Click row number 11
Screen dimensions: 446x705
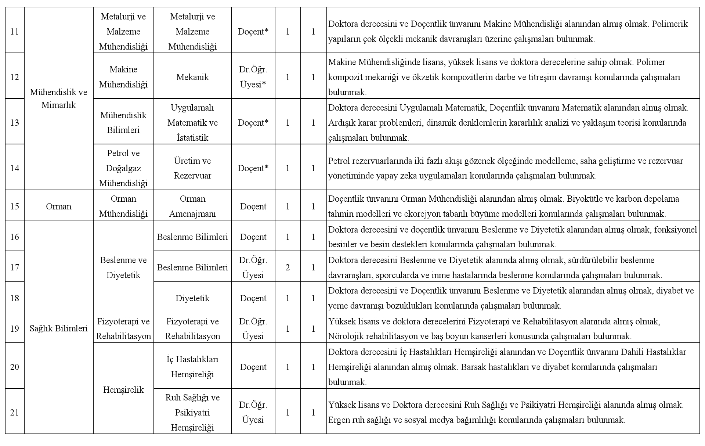point(14,32)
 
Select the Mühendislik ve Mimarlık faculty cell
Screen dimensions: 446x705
point(58,98)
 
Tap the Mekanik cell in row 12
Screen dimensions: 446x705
point(192,77)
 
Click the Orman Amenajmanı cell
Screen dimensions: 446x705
point(192,206)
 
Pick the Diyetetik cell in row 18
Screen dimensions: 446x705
point(192,298)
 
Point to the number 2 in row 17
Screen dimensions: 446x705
point(288,267)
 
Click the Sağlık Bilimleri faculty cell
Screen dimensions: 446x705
point(58,328)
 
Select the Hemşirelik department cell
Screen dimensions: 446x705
point(123,390)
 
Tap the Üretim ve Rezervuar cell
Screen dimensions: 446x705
point(192,168)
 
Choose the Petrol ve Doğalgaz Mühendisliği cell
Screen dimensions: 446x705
point(123,168)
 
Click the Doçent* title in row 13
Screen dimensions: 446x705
point(253,123)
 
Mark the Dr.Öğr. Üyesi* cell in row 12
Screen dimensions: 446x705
point(253,77)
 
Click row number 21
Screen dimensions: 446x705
point(14,413)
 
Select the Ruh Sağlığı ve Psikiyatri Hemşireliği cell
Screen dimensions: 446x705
point(192,413)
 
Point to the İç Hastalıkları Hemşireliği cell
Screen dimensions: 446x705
point(192,367)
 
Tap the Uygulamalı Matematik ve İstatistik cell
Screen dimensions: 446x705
point(192,123)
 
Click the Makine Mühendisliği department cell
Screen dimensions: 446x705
point(123,77)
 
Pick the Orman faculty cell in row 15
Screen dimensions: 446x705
point(58,206)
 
